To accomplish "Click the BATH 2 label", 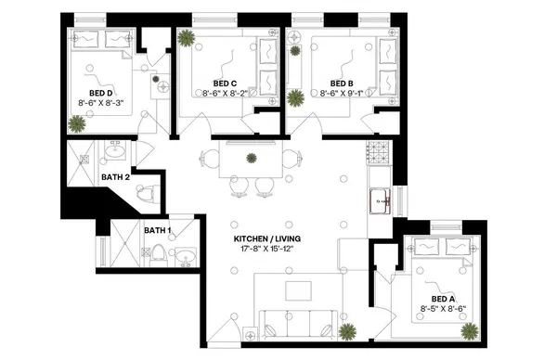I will click(x=115, y=174).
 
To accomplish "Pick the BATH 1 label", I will click(x=156, y=229).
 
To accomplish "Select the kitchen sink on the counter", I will click(x=380, y=198).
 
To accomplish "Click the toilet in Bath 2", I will click(x=144, y=194).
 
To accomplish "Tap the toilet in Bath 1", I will click(x=159, y=252).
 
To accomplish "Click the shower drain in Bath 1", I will click(x=119, y=245).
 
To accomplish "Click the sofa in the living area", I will click(x=298, y=324).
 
